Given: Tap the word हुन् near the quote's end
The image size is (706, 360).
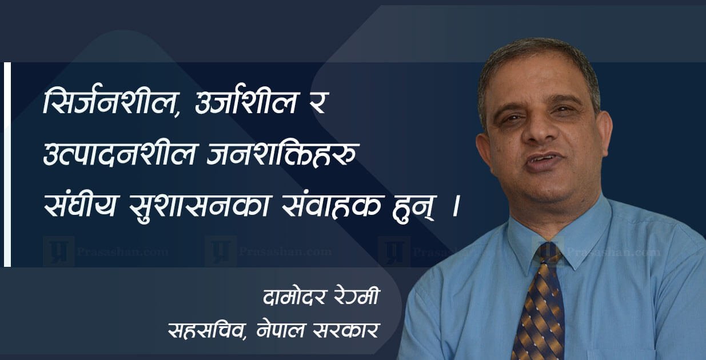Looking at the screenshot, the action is coord(413,208).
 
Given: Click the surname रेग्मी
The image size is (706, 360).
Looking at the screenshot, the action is coord(356,296).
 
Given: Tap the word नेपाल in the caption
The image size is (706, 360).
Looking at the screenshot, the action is coord(281,329).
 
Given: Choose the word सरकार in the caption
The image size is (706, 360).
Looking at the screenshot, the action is coord(346,330).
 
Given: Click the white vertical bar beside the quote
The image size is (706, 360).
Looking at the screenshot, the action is coord(7,165).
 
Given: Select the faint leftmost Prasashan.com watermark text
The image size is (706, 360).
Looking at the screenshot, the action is coord(122,252).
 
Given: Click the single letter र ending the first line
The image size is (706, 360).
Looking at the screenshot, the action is coord(316,104).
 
